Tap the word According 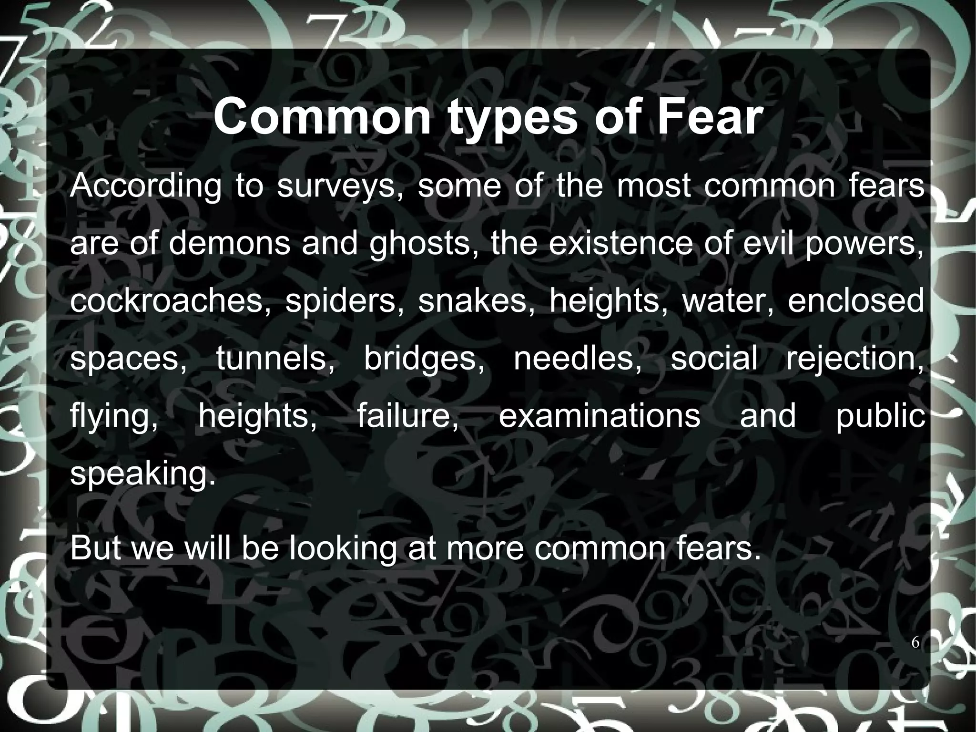point(146,186)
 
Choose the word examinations point(599,415)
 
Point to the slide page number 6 point(915,643)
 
